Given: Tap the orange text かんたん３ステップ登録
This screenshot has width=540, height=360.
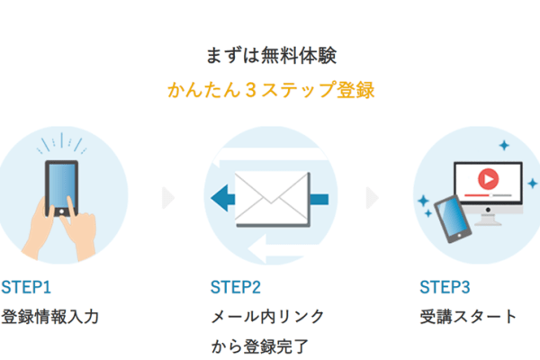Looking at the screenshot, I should tap(270, 91).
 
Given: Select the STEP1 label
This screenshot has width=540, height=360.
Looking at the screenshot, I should tap(26, 288).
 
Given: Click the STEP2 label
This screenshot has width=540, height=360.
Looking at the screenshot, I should tap(236, 288).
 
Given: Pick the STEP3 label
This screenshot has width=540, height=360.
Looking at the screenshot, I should tap(445, 288).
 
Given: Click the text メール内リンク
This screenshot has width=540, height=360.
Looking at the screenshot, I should tap(267, 317).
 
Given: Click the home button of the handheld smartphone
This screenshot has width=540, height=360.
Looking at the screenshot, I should tap(61, 211).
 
